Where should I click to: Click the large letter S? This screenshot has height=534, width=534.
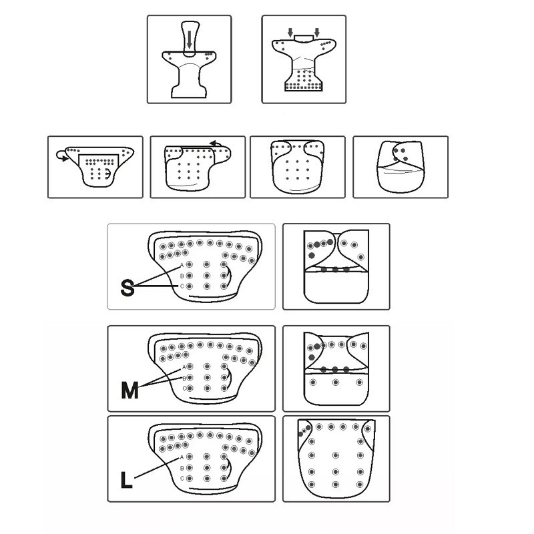[127, 288]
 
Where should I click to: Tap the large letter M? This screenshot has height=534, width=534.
[129, 390]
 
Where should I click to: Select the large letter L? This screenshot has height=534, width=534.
[126, 481]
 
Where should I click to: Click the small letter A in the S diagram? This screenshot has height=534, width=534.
[182, 265]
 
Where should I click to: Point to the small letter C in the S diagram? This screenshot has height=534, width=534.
[182, 286]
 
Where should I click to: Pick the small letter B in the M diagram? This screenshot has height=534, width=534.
[184, 378]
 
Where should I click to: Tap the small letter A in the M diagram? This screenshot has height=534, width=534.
[184, 367]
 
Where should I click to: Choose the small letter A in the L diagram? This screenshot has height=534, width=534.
[182, 457]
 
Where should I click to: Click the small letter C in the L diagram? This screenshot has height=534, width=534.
[182, 479]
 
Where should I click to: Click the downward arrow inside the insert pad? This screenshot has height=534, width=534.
[190, 39]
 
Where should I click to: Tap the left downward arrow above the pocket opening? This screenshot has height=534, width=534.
[290, 33]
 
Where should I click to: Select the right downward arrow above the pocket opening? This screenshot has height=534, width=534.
[317, 33]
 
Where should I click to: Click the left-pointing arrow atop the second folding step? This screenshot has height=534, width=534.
[215, 144]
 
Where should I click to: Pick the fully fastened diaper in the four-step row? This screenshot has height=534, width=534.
[400, 167]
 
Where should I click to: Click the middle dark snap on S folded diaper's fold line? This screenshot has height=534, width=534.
[336, 270]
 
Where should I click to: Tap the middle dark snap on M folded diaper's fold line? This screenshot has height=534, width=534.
[335, 370]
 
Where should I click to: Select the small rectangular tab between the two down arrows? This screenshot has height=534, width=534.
[304, 38]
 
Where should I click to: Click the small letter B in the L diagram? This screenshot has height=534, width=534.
[182, 468]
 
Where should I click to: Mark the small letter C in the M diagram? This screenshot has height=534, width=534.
[184, 388]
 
